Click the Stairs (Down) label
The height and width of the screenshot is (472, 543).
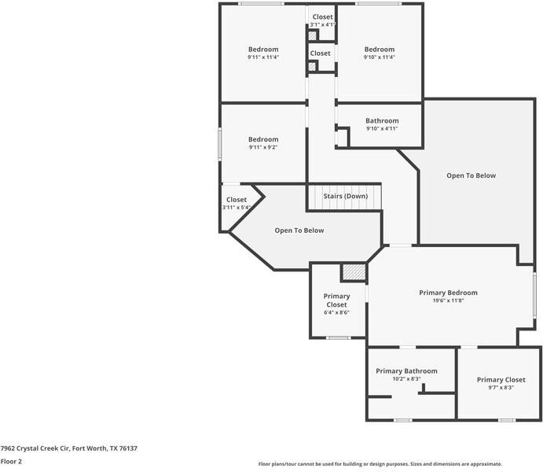(x=346, y=196)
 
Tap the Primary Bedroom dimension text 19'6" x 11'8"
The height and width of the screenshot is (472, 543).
(x=448, y=301)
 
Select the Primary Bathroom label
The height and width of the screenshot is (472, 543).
(x=406, y=371)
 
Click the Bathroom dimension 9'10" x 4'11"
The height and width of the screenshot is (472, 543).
(x=382, y=128)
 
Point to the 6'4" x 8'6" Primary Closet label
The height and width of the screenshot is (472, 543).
(x=336, y=312)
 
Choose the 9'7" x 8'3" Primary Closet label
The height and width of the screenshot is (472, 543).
(x=501, y=387)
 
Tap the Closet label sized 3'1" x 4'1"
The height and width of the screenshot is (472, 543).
(x=322, y=24)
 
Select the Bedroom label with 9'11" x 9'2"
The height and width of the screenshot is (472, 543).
(x=263, y=139)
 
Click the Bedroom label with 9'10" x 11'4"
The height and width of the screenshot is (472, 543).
(x=379, y=50)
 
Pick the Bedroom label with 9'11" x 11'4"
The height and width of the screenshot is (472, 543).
(x=263, y=50)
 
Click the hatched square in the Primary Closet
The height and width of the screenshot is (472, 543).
(x=354, y=272)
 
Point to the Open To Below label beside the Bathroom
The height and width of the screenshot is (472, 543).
(x=471, y=175)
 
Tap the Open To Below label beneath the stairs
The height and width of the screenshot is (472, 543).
(x=299, y=230)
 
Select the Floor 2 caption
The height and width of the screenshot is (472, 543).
(x=11, y=462)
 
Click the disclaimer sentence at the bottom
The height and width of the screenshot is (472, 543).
(x=380, y=464)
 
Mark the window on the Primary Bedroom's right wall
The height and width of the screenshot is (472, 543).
(x=534, y=295)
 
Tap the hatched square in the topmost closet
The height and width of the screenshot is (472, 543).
(x=312, y=35)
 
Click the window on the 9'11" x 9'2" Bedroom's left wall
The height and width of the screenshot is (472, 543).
(x=220, y=144)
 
